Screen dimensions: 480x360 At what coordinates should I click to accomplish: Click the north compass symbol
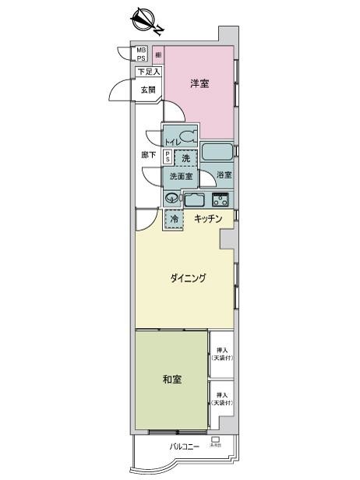(x=145, y=20)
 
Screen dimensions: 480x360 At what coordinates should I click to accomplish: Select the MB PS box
(x=142, y=54)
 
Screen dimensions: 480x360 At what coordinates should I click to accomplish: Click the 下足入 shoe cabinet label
(x=148, y=72)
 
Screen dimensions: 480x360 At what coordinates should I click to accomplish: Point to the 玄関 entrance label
(x=148, y=90)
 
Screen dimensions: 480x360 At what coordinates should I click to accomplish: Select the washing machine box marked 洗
(x=185, y=158)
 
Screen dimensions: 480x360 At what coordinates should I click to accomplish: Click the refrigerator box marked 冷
(x=175, y=220)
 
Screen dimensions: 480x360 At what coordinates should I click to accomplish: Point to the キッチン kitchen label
(x=208, y=219)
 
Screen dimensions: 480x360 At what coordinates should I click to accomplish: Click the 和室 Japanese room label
(x=172, y=379)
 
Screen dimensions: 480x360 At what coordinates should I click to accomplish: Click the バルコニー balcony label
(x=185, y=446)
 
